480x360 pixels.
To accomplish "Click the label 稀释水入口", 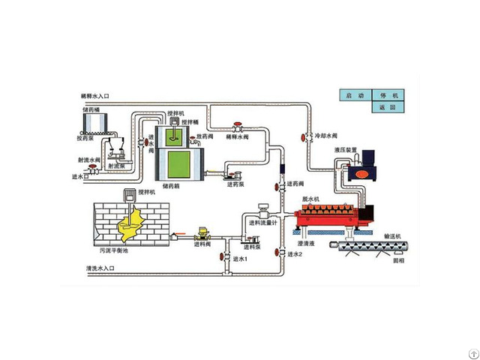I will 95,97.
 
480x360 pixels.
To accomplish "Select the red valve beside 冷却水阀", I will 307,136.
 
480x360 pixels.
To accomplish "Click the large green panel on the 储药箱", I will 179,163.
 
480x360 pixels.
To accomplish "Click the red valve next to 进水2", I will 279,253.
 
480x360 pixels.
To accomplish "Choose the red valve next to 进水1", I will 224,256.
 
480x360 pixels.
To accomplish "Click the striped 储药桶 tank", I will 94,121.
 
